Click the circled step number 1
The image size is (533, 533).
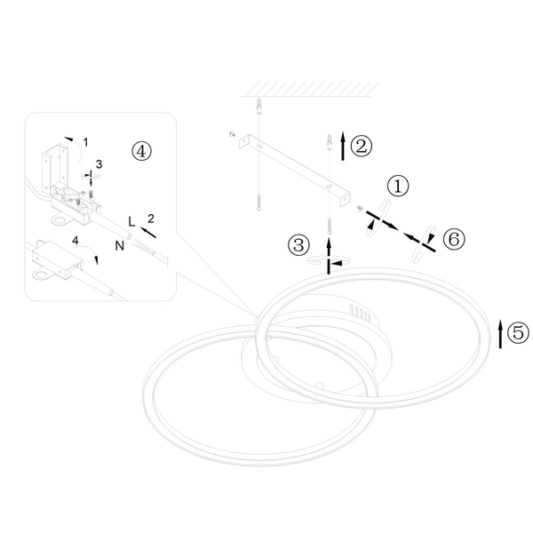coord(398,186)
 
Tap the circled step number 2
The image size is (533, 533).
coord(362,147)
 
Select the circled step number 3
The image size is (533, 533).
coord(298,245)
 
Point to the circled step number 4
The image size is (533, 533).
coord(141,151)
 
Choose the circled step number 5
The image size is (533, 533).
coord(519,332)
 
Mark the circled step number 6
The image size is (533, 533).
coord(454,239)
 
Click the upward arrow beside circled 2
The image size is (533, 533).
coord(343,147)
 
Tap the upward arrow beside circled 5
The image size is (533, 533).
coord(500,334)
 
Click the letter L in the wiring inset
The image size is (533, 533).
coord(131,221)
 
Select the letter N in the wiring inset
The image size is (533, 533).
coord(120,245)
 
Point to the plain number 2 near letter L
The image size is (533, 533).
coord(151,219)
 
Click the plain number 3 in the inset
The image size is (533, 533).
coord(99,164)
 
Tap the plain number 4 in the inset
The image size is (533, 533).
coord(76,241)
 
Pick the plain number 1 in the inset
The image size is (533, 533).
coord(85,142)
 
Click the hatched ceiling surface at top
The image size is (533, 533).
coord(310,89)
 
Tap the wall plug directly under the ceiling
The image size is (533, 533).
coord(259,107)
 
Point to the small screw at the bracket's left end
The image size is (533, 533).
coord(233,134)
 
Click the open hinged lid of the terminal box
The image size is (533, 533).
coord(55,167)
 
